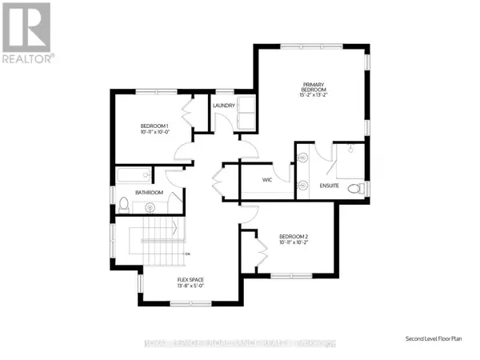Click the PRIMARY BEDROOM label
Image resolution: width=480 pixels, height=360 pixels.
[x=312, y=86]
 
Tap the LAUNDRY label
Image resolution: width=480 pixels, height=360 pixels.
[x=222, y=105]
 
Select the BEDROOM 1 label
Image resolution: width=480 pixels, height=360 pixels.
[x=154, y=126]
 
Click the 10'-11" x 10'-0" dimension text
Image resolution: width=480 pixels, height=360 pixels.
[x=154, y=133]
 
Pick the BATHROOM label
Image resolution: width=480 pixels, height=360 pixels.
[x=149, y=193]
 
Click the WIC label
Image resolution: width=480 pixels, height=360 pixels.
[x=268, y=180]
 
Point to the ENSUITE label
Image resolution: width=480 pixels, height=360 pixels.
[x=329, y=186]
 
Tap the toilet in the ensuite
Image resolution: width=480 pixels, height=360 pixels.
[x=362, y=188]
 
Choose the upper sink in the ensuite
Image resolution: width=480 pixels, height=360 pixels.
[x=303, y=158]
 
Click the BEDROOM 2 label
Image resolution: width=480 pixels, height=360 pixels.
[x=294, y=236]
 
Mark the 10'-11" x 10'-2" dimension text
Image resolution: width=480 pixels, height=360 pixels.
[x=294, y=243]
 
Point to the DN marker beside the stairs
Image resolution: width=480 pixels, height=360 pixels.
[x=186, y=254]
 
